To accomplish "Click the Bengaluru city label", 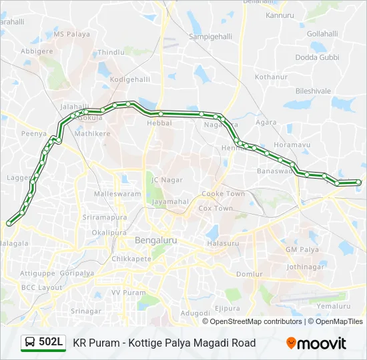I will [x=155, y=240].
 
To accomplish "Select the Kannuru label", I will [x=280, y=15].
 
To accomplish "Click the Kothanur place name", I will [x=271, y=77].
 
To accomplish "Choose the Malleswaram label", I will [x=117, y=194].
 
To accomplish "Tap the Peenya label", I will [x=33, y=134].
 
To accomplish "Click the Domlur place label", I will [x=250, y=274].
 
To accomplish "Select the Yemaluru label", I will [x=334, y=306].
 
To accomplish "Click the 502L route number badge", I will [x=51, y=342].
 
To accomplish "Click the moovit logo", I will [x=316, y=343].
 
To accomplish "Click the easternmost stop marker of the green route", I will [x=359, y=182].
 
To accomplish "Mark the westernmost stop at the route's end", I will [x=9, y=223].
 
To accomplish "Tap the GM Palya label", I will [x=299, y=249].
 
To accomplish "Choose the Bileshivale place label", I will [x=313, y=90].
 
